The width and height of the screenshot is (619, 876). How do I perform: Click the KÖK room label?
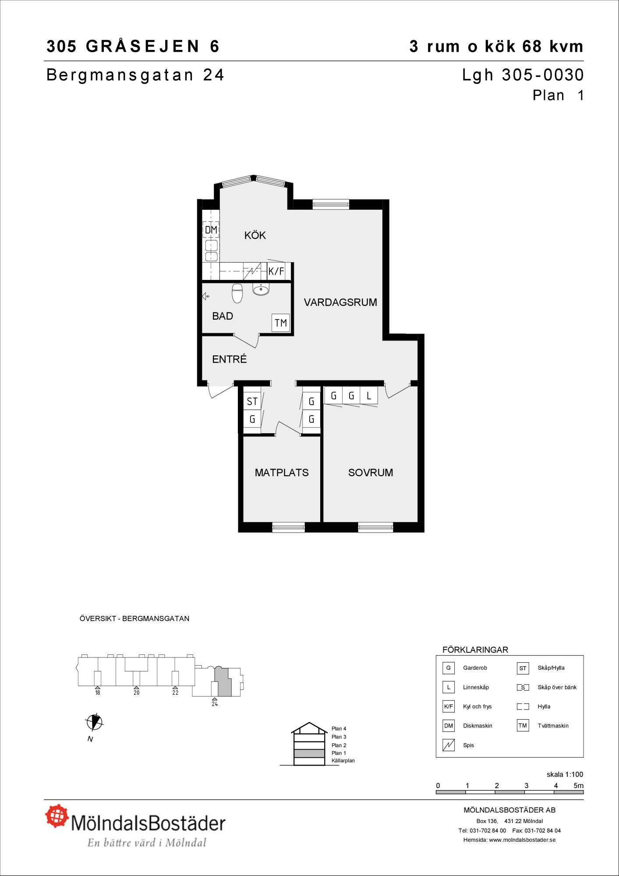coord(255,236)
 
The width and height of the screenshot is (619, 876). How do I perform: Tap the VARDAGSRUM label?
coord(340,302)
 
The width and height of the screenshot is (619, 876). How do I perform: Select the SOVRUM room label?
coord(371,473)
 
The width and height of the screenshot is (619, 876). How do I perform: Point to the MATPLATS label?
coord(282,473)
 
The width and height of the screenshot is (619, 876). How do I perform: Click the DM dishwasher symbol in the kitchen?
coord(211,230)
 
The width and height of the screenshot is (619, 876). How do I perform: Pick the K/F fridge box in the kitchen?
coord(276,271)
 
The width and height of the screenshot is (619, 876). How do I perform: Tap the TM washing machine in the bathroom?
coord(280,323)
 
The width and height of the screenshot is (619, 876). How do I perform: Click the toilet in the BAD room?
coord(237,293)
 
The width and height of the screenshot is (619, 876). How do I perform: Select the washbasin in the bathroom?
coord(261,289)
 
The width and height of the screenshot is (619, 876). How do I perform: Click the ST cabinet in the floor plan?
coord(252,401)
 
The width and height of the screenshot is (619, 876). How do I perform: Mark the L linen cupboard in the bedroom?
coord(369,396)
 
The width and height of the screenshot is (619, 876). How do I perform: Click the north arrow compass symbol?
coord(94,722)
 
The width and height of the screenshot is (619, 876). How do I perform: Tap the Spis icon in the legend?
coord(448,745)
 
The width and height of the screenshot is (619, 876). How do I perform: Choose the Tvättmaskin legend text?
coord(553,726)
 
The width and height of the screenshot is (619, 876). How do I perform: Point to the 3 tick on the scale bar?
coord(526,786)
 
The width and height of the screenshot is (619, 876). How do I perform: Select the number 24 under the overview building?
coord(215,704)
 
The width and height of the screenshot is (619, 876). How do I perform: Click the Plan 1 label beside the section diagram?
coord(339,753)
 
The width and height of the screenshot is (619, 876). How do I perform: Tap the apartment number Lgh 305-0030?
coord(523,75)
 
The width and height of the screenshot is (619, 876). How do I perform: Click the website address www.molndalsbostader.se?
coord(522,840)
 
